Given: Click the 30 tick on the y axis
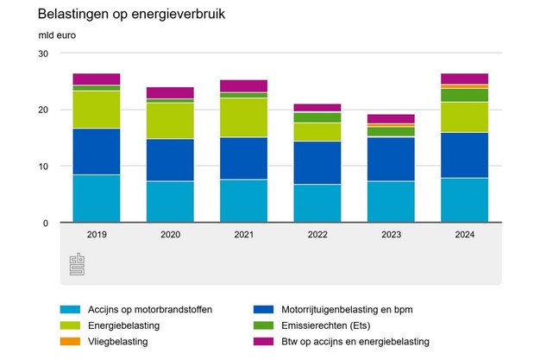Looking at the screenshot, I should point(43,54).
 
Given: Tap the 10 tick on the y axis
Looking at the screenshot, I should point(43,167).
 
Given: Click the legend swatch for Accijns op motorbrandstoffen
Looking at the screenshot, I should point(70,309).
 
